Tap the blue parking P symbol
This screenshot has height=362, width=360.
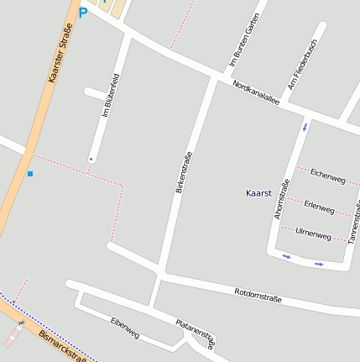[x=82, y=13]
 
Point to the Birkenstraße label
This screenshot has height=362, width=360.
[x=184, y=173]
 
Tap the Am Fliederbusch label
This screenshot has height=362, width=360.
[x=302, y=65]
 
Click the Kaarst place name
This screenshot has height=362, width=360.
[x=259, y=193]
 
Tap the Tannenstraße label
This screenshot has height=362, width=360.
[x=352, y=223]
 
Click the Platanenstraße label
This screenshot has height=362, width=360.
[x=196, y=331]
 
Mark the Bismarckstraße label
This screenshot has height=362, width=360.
[x=63, y=344]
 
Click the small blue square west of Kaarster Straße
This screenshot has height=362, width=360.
[x=30, y=174]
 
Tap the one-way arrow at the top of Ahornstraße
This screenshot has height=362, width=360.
[x=305, y=128]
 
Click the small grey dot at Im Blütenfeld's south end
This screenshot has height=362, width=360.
[x=91, y=158]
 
